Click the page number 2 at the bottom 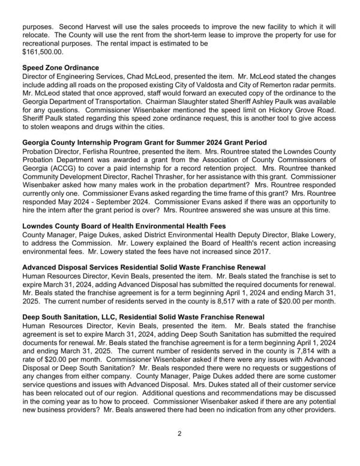tap(179, 448)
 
